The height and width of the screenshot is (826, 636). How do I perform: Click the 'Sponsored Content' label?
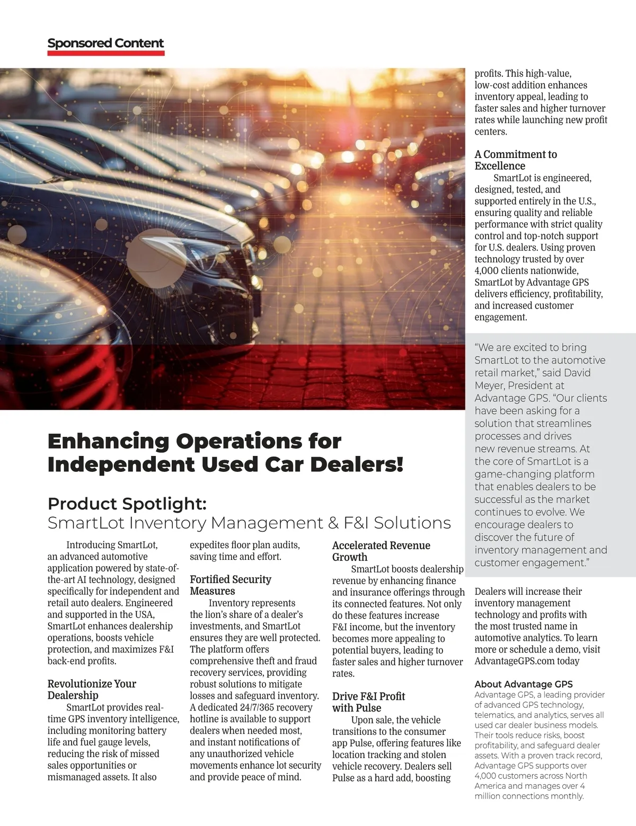[105, 43]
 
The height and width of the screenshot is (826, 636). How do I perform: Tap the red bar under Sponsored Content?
[105, 53]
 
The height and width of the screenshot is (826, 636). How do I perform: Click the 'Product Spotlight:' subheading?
[127, 503]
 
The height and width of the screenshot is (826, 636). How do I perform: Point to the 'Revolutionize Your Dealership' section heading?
[92, 689]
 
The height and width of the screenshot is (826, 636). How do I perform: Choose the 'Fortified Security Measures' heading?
[230, 585]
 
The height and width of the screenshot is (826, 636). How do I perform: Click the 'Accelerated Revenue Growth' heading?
[381, 551]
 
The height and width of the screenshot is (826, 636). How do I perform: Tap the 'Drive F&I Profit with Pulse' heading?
[368, 702]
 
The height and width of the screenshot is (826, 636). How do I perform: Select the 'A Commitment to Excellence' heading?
[516, 160]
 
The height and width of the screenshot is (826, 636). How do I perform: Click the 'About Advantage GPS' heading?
[523, 684]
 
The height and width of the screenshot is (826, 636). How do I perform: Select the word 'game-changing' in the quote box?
[508, 474]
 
